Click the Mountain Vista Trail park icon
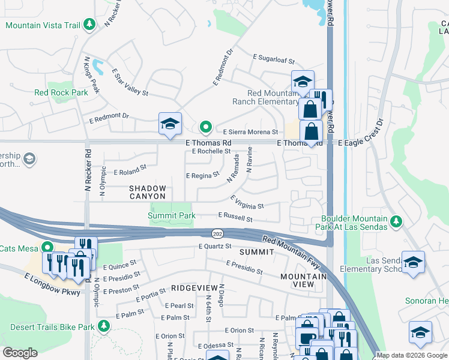tap(89, 25)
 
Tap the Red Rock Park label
tap(61, 92)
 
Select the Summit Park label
tap(172, 215)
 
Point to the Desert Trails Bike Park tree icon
tap(104, 326)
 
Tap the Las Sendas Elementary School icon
tap(414, 262)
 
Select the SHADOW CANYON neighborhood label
tap(148, 192)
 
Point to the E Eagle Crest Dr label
tap(360, 137)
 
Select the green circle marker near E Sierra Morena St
tap(205, 127)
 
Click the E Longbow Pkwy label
tap(52, 284)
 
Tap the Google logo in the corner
tap(20, 353)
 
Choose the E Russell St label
tap(235, 217)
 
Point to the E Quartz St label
tap(215, 246)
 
